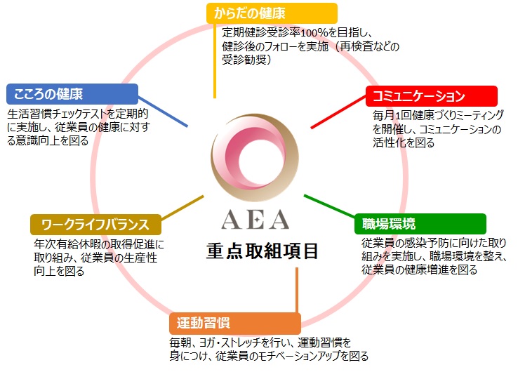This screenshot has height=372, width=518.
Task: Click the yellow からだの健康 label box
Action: [272, 13]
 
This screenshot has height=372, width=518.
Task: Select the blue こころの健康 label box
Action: [72, 94]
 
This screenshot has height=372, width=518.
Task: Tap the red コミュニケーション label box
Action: [432, 96]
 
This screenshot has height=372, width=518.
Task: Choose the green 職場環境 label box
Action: [420, 224]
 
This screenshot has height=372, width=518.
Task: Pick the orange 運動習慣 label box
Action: [235, 324]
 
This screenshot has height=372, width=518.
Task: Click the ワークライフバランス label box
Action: [95, 225]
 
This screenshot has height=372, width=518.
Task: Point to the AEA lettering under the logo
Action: [255, 220]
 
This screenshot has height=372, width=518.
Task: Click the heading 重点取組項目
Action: [263, 251]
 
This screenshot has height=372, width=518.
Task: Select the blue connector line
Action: [163, 112]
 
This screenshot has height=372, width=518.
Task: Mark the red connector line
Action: [338, 112]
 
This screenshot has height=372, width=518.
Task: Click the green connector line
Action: [330, 206]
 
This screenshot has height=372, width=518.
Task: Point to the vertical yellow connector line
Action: [215, 61]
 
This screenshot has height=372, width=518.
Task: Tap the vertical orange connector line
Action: [297, 291]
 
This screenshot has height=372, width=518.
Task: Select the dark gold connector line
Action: [182, 207]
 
